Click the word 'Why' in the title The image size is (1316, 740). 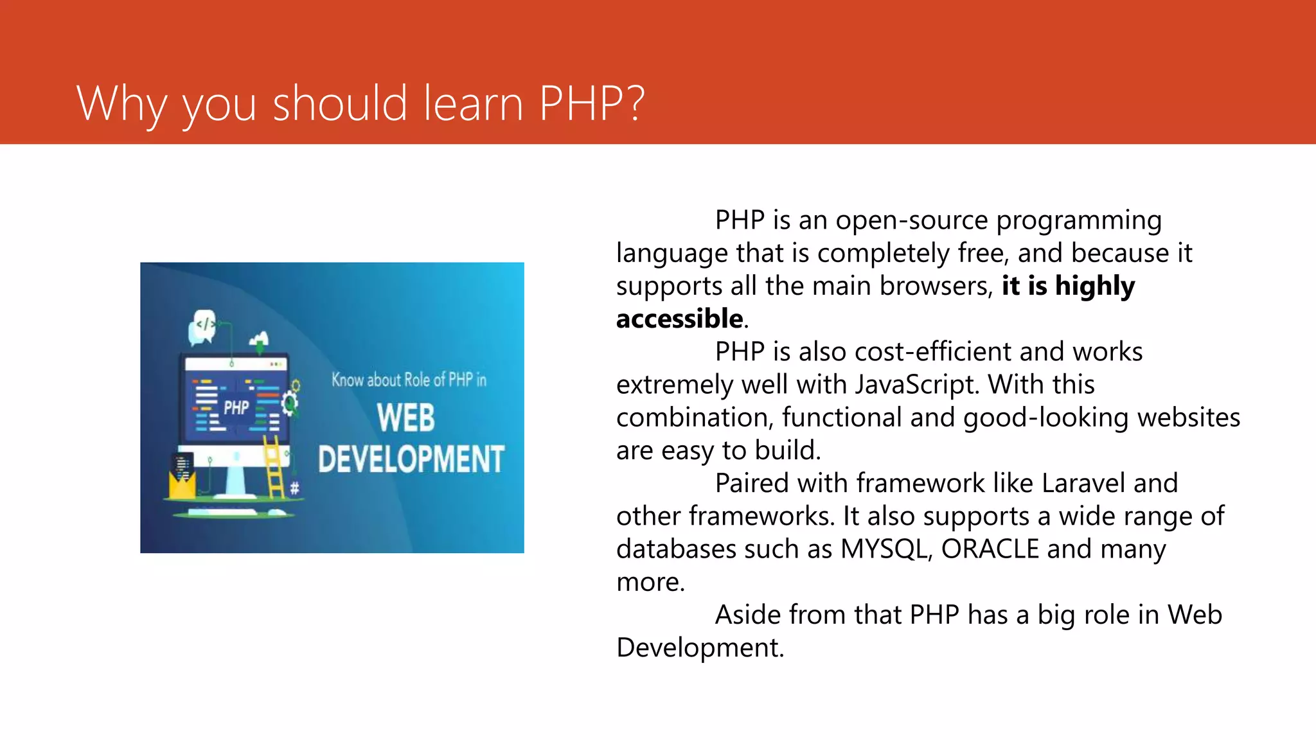(121, 104)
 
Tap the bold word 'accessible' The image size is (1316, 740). (679, 319)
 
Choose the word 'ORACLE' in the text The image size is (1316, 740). (990, 549)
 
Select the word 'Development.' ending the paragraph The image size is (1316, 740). (700, 647)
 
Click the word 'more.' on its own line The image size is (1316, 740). (650, 582)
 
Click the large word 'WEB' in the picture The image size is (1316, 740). (405, 418)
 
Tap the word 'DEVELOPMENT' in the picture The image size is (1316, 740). (411, 460)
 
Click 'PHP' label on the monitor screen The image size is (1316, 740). (236, 407)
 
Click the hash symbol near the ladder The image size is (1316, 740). (294, 488)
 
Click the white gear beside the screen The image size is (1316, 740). (290, 402)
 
